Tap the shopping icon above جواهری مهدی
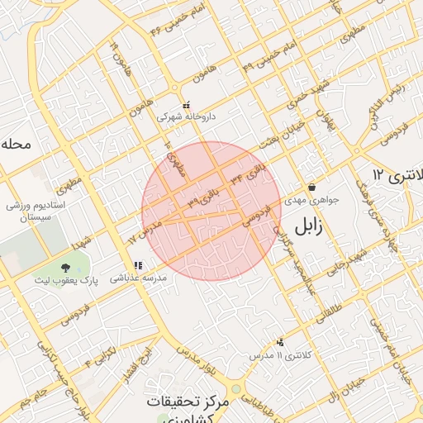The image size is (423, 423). [x=311, y=187]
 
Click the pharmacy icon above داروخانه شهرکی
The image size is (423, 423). [x=186, y=106]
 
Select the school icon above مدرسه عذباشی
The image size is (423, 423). [x=138, y=266]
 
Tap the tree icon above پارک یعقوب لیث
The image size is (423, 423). [x=65, y=267]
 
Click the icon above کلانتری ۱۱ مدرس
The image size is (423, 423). [x=281, y=342]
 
